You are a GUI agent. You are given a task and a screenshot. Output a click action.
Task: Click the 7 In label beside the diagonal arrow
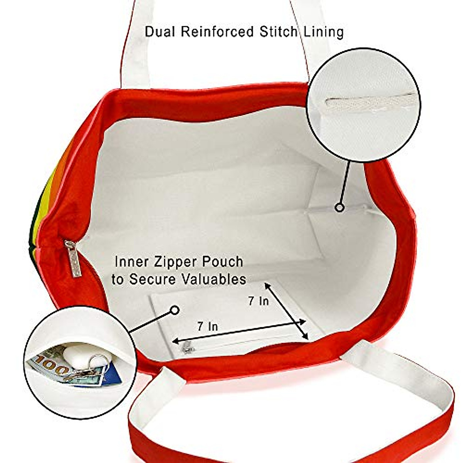coord(258,301)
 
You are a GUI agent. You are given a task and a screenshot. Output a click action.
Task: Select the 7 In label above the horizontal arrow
coord(208,327)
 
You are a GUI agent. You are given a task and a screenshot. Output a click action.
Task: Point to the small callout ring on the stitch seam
coord(340,208)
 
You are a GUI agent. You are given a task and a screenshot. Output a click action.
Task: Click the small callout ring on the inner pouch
coord(175,310)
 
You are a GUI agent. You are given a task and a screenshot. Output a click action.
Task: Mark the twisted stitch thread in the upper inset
coord(363,104)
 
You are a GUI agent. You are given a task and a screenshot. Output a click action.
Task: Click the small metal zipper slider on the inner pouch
coord(188,348)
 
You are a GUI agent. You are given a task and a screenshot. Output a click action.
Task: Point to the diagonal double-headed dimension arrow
coord(287,311)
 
